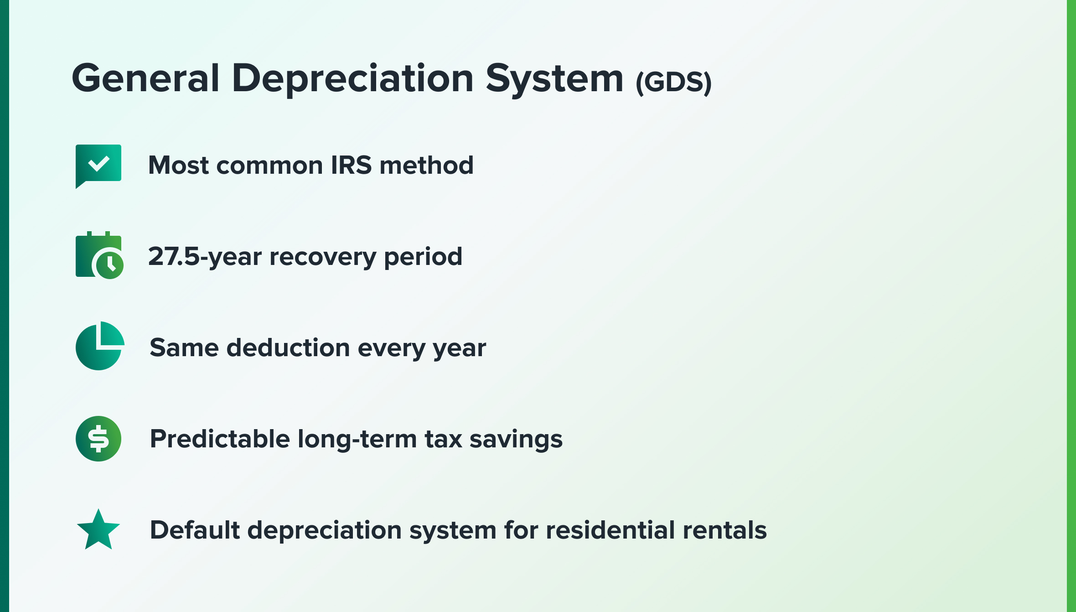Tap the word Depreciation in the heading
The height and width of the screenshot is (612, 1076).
[353, 80]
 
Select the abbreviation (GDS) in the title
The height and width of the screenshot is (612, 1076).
[673, 83]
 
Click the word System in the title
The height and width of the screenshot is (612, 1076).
[554, 80]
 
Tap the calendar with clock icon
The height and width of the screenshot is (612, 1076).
[99, 255]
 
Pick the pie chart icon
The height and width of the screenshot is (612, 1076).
[100, 346]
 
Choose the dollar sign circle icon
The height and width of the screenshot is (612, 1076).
[98, 439]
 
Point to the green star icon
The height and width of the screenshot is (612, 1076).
[98, 530]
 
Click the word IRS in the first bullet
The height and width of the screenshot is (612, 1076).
[351, 165]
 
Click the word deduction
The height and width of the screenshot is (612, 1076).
[288, 347]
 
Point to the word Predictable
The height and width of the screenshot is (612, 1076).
[220, 439]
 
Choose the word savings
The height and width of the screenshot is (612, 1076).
[516, 440]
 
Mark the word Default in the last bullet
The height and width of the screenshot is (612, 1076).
[195, 530]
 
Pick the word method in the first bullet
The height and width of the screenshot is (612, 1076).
[427, 165]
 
